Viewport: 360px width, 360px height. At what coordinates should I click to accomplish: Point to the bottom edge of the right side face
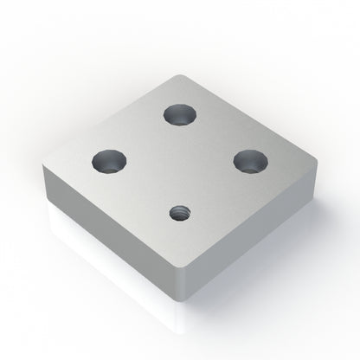pyautogui.click(x=260, y=259)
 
